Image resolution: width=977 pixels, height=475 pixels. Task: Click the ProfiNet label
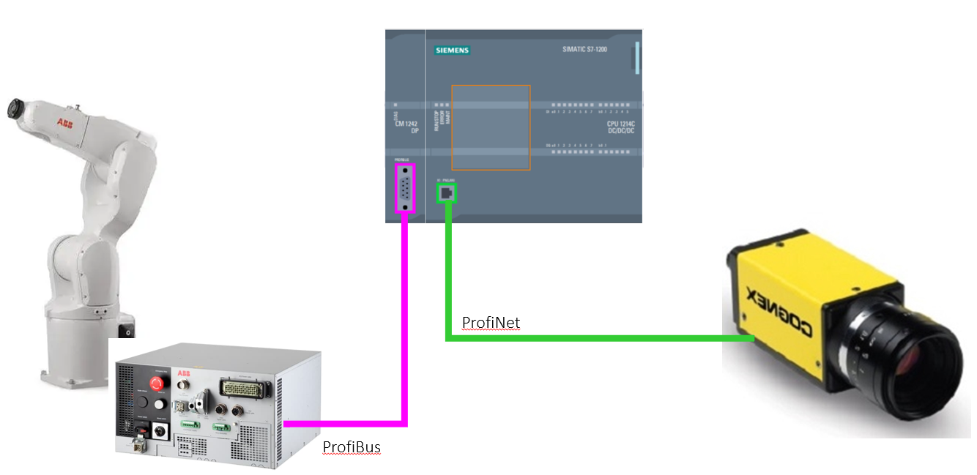click(x=491, y=323)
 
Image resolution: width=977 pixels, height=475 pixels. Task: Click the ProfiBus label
click(x=352, y=446)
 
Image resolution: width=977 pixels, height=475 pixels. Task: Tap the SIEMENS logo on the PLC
click(x=452, y=51)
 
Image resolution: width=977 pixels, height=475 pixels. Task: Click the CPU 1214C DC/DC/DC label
click(x=620, y=127)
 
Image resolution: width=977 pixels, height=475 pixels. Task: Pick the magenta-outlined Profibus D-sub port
click(x=405, y=188)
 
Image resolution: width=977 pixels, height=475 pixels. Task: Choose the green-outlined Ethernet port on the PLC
click(x=445, y=193)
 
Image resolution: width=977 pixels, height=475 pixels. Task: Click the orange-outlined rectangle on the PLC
click(x=491, y=127)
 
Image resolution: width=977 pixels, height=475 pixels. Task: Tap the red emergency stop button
click(x=156, y=383)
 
